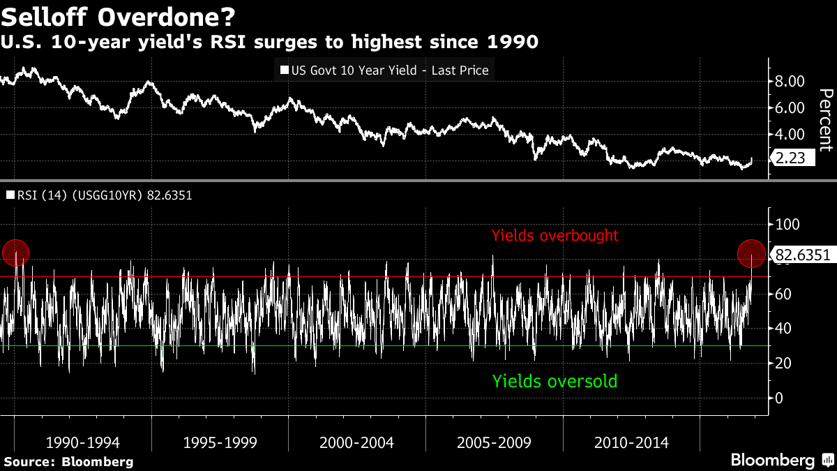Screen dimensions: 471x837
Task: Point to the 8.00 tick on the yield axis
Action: coord(790,82)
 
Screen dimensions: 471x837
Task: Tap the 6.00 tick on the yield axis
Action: coord(790,107)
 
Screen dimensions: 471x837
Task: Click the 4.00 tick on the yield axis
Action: coord(790,134)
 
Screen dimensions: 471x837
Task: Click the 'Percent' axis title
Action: coord(824,120)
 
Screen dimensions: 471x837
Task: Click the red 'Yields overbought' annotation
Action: coord(555,236)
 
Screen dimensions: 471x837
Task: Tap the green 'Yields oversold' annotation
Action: coord(555,381)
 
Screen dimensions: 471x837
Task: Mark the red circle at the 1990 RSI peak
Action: coord(15,253)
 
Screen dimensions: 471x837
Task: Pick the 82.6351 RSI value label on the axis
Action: coord(803,255)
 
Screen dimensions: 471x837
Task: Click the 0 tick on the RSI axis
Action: coord(779,398)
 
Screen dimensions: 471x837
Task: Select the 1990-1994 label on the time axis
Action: coord(82,442)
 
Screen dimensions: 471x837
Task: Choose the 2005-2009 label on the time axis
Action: coord(494,442)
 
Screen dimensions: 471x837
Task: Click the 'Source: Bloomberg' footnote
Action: coord(68,461)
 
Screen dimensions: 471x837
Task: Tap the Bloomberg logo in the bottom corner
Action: coord(781,461)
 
